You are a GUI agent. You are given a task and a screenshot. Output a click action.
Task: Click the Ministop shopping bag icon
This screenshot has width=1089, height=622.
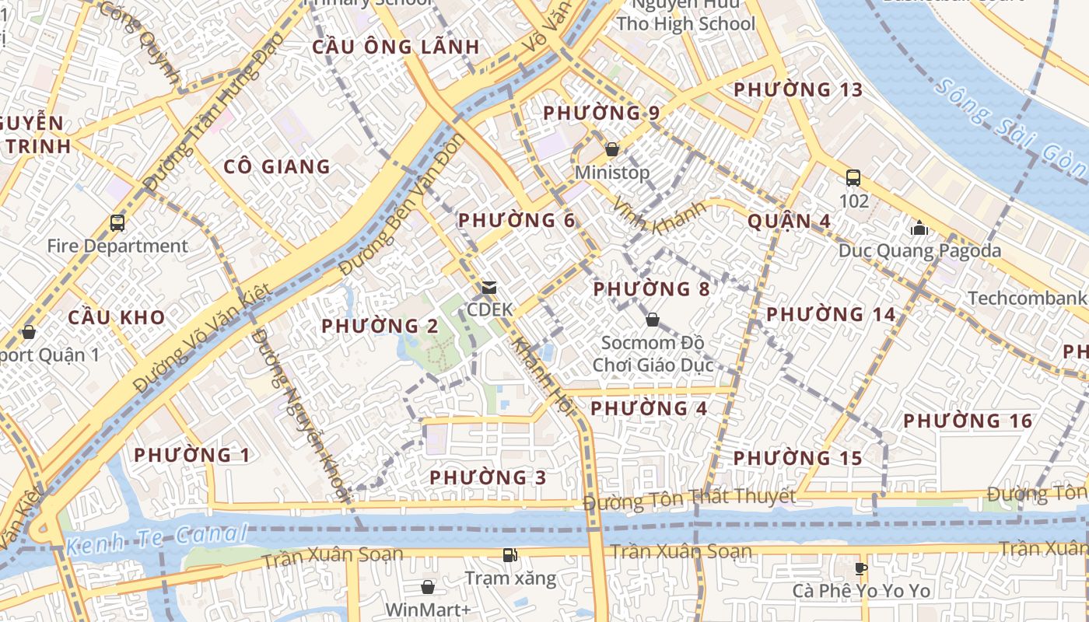(x=612, y=149)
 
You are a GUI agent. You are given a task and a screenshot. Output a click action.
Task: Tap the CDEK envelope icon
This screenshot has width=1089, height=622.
(x=489, y=287)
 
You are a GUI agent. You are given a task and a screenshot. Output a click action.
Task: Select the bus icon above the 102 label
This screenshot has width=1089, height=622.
(x=853, y=177)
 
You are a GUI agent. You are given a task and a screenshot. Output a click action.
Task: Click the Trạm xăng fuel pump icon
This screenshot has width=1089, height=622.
(x=510, y=554)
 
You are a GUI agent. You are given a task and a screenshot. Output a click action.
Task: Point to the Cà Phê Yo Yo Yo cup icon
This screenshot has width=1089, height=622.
(x=861, y=568)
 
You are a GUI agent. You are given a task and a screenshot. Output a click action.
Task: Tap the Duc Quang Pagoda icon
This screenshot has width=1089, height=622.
(x=919, y=228)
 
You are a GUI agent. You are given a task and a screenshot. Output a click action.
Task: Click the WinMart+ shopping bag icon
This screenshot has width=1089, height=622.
(x=427, y=586)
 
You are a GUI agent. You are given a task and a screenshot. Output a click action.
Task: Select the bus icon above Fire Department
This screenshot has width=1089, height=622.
(x=117, y=223)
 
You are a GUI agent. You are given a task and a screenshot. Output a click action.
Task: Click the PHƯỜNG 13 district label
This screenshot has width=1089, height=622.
(x=798, y=89)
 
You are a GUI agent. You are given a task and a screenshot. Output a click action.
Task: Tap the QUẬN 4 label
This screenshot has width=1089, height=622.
(x=789, y=221)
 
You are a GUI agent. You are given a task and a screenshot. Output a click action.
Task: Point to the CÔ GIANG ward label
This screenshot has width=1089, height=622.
(x=277, y=166)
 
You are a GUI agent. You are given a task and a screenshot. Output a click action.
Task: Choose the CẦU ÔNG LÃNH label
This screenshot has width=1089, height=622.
(x=396, y=47)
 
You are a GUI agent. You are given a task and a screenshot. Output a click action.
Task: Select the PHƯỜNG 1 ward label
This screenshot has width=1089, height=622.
(x=192, y=455)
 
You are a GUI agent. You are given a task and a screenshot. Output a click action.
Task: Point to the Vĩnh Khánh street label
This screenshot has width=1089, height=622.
(x=659, y=215)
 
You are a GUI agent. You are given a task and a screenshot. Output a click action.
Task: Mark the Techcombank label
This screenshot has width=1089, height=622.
(x=1027, y=298)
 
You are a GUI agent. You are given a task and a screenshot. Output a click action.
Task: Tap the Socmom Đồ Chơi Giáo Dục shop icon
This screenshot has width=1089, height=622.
(x=653, y=319)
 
